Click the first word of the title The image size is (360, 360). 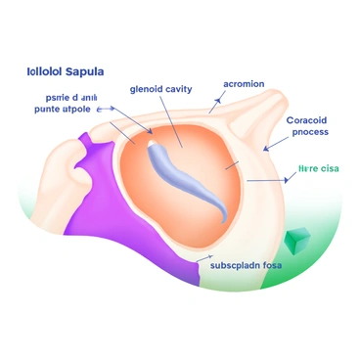39,72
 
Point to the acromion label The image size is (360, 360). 244,83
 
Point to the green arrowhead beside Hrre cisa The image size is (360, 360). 294,181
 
